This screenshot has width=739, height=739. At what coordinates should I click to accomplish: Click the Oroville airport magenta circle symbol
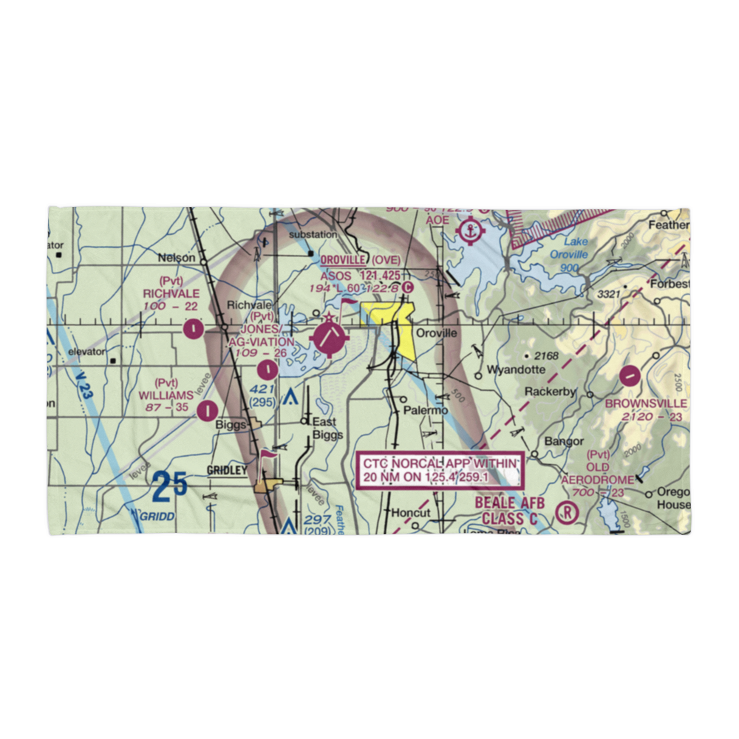pyautogui.click(x=330, y=338)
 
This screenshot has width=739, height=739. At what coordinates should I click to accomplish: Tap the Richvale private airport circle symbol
pyautogui.click(x=194, y=327)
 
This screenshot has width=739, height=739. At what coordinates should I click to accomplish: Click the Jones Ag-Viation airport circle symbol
pyautogui.click(x=266, y=367)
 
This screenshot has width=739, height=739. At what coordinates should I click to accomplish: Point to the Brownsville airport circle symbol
pyautogui.click(x=630, y=376)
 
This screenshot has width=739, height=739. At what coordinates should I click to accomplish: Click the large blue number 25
pyautogui.click(x=169, y=488)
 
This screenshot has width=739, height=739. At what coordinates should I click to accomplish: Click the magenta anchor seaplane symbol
pyautogui.click(x=469, y=232)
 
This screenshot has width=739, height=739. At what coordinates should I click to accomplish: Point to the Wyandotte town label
pyautogui.click(x=516, y=369)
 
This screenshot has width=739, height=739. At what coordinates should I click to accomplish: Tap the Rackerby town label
pyautogui.click(x=550, y=392)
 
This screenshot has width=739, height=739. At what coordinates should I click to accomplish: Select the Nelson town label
pyautogui.click(x=177, y=258)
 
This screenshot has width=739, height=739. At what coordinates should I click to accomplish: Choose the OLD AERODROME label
pyautogui.click(x=598, y=474)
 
